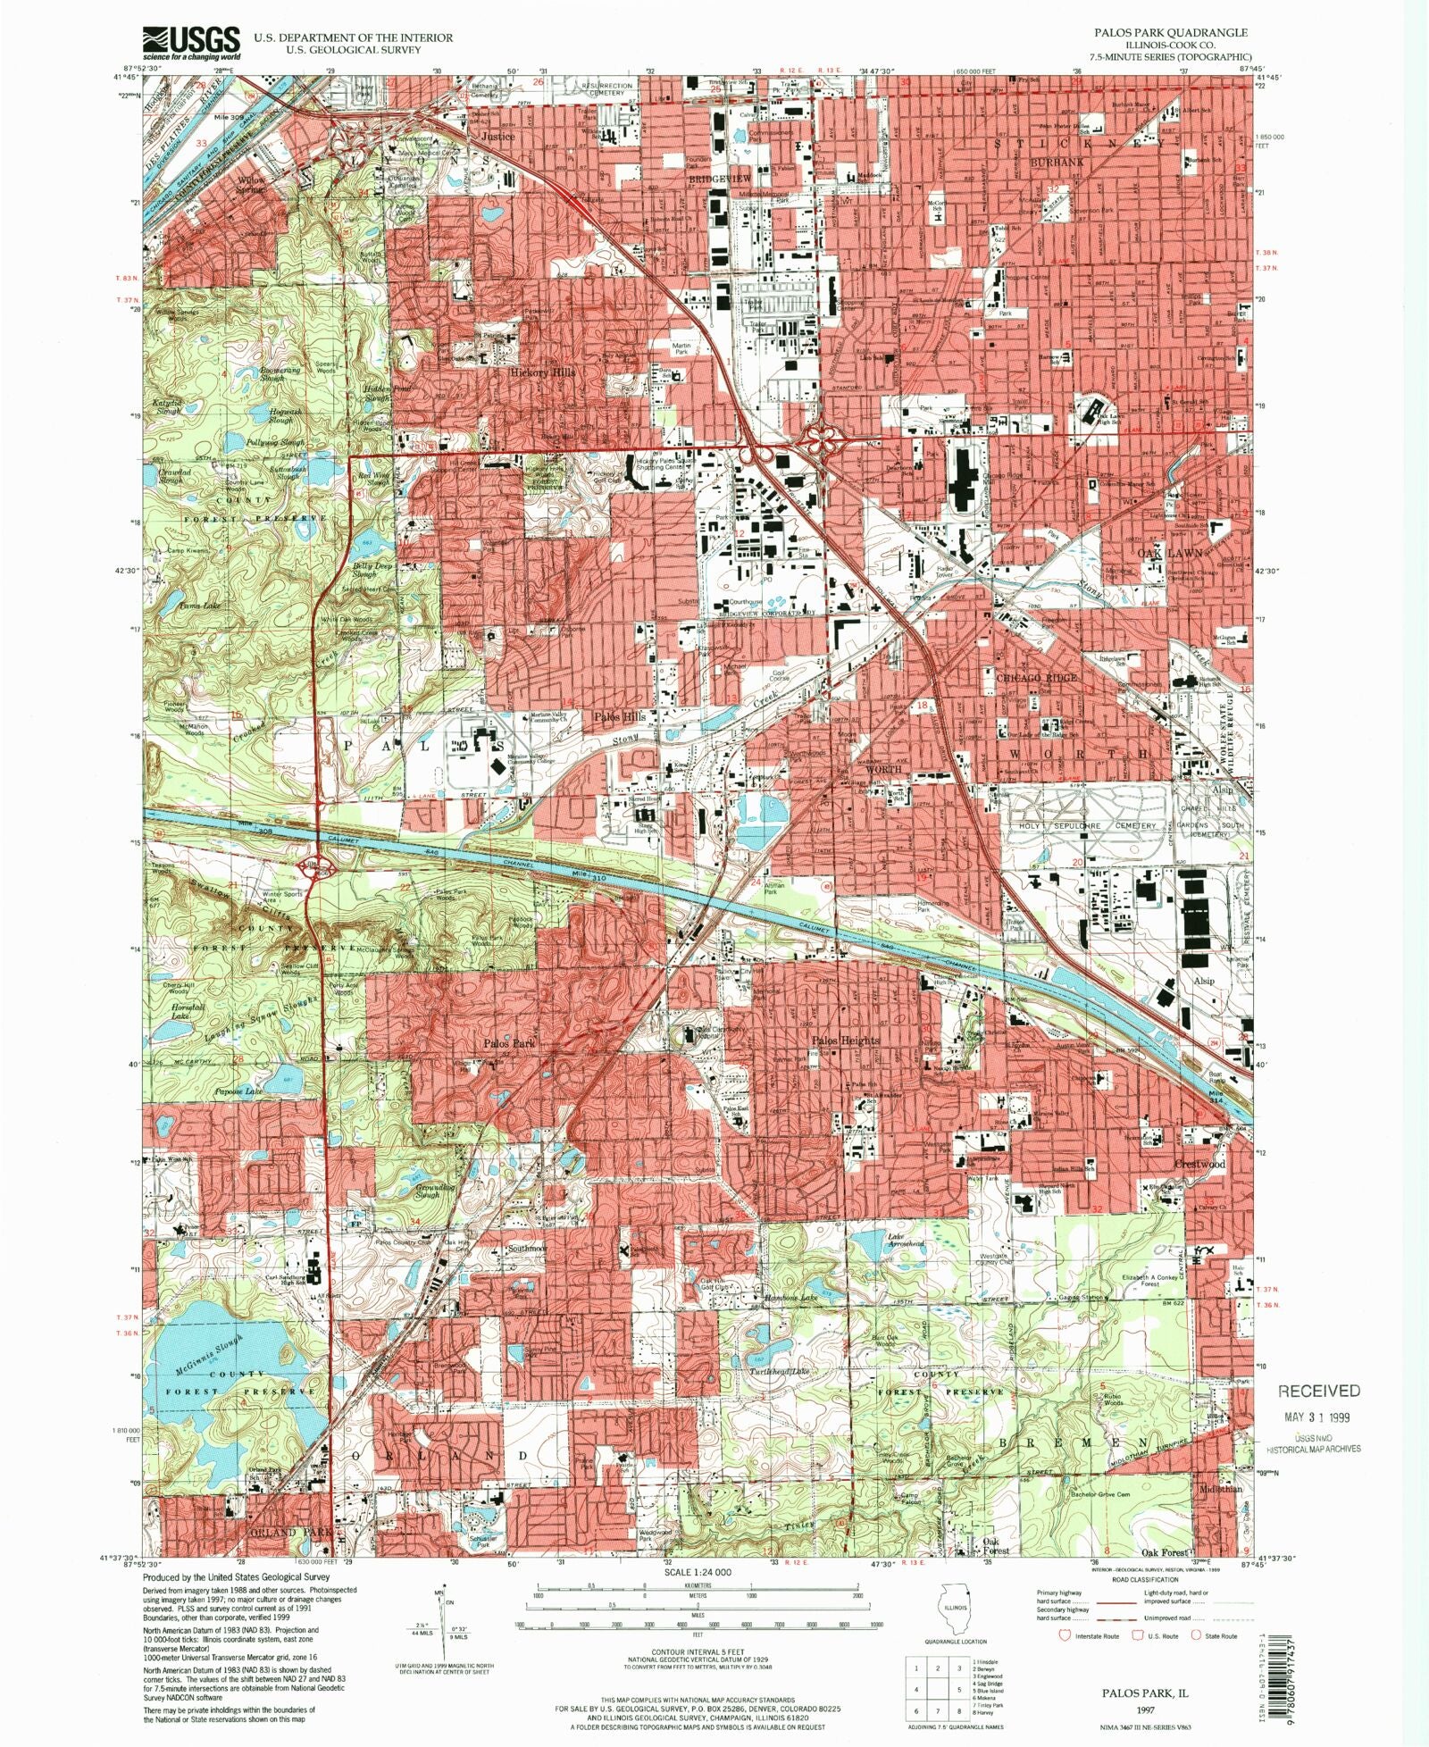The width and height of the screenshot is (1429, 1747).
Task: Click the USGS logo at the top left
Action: [192, 42]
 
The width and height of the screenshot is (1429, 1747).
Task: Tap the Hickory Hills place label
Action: [542, 371]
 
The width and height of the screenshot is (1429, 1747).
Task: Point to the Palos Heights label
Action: [845, 1040]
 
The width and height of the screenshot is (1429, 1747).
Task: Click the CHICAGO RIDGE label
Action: [1036, 677]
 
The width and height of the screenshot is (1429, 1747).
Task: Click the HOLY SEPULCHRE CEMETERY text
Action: [1088, 825]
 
